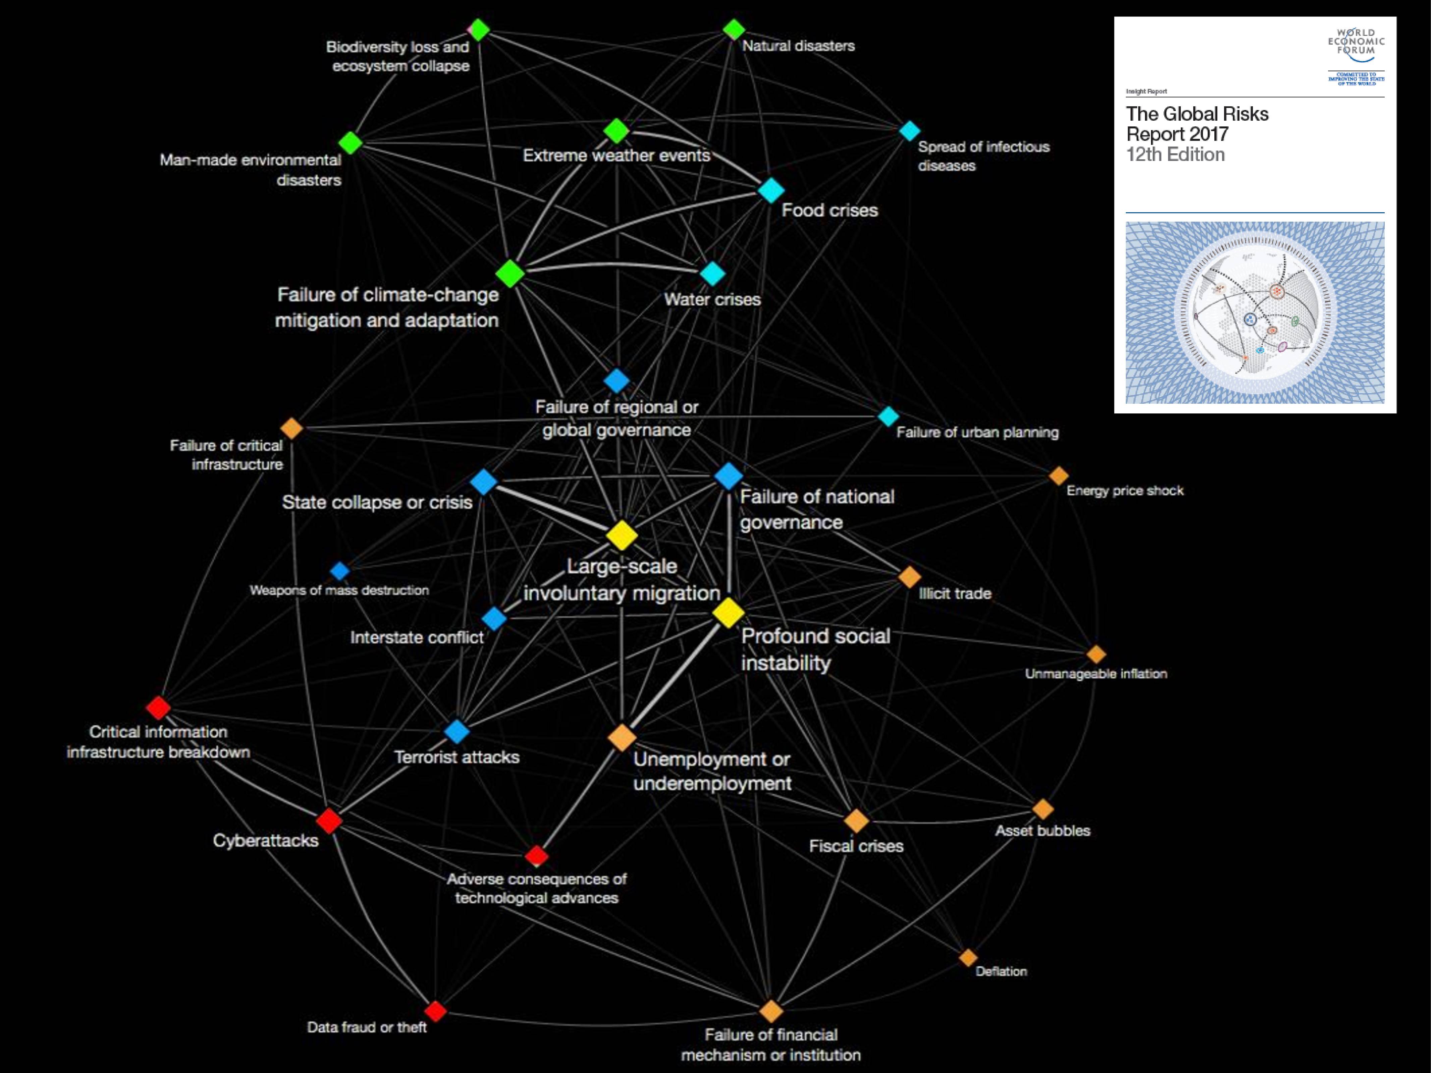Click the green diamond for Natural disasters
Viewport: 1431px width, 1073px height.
[734, 29]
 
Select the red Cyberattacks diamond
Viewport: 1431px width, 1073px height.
[329, 821]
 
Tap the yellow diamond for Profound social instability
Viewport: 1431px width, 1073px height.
[728, 613]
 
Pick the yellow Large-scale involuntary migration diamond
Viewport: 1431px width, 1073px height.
[622, 535]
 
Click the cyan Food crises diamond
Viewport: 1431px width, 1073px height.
[770, 190]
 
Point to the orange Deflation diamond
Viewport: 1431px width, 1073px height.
[968, 957]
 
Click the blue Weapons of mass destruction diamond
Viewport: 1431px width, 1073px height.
[340, 570]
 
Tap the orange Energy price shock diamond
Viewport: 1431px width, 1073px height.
[1058, 475]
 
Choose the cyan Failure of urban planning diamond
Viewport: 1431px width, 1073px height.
[888, 416]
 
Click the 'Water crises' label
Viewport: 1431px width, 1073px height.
[712, 299]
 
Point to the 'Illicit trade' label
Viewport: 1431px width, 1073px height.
[955, 593]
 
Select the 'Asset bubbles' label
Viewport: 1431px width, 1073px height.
[1042, 831]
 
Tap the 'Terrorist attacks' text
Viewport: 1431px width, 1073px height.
[457, 757]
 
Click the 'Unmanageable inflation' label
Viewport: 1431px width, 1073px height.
[1096, 673]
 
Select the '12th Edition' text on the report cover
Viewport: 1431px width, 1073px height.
[1175, 155]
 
